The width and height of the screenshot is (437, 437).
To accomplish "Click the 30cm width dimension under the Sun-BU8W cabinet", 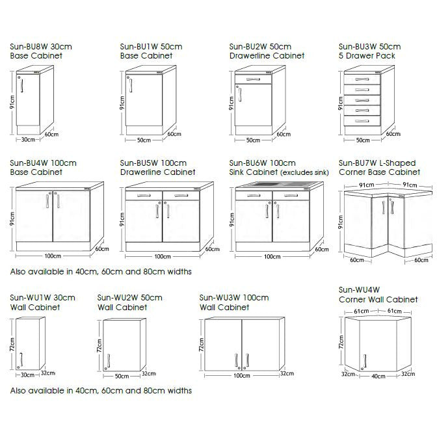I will [27, 139].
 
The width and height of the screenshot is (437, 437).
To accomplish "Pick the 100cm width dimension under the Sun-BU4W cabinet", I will [53, 256].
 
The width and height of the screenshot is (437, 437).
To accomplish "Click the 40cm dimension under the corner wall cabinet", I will [378, 376].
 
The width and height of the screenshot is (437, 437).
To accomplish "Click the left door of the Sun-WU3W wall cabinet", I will [222, 345].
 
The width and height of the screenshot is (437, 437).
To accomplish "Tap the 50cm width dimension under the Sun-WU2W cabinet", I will [121, 376].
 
